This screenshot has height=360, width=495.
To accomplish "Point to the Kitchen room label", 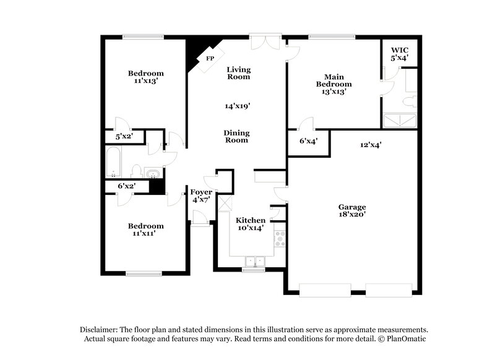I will tap(251, 220).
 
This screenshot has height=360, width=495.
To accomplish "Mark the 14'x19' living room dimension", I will tap(237, 106).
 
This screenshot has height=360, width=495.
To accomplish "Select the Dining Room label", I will tap(236, 136).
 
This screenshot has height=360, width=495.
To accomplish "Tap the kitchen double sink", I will tap(254, 261).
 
